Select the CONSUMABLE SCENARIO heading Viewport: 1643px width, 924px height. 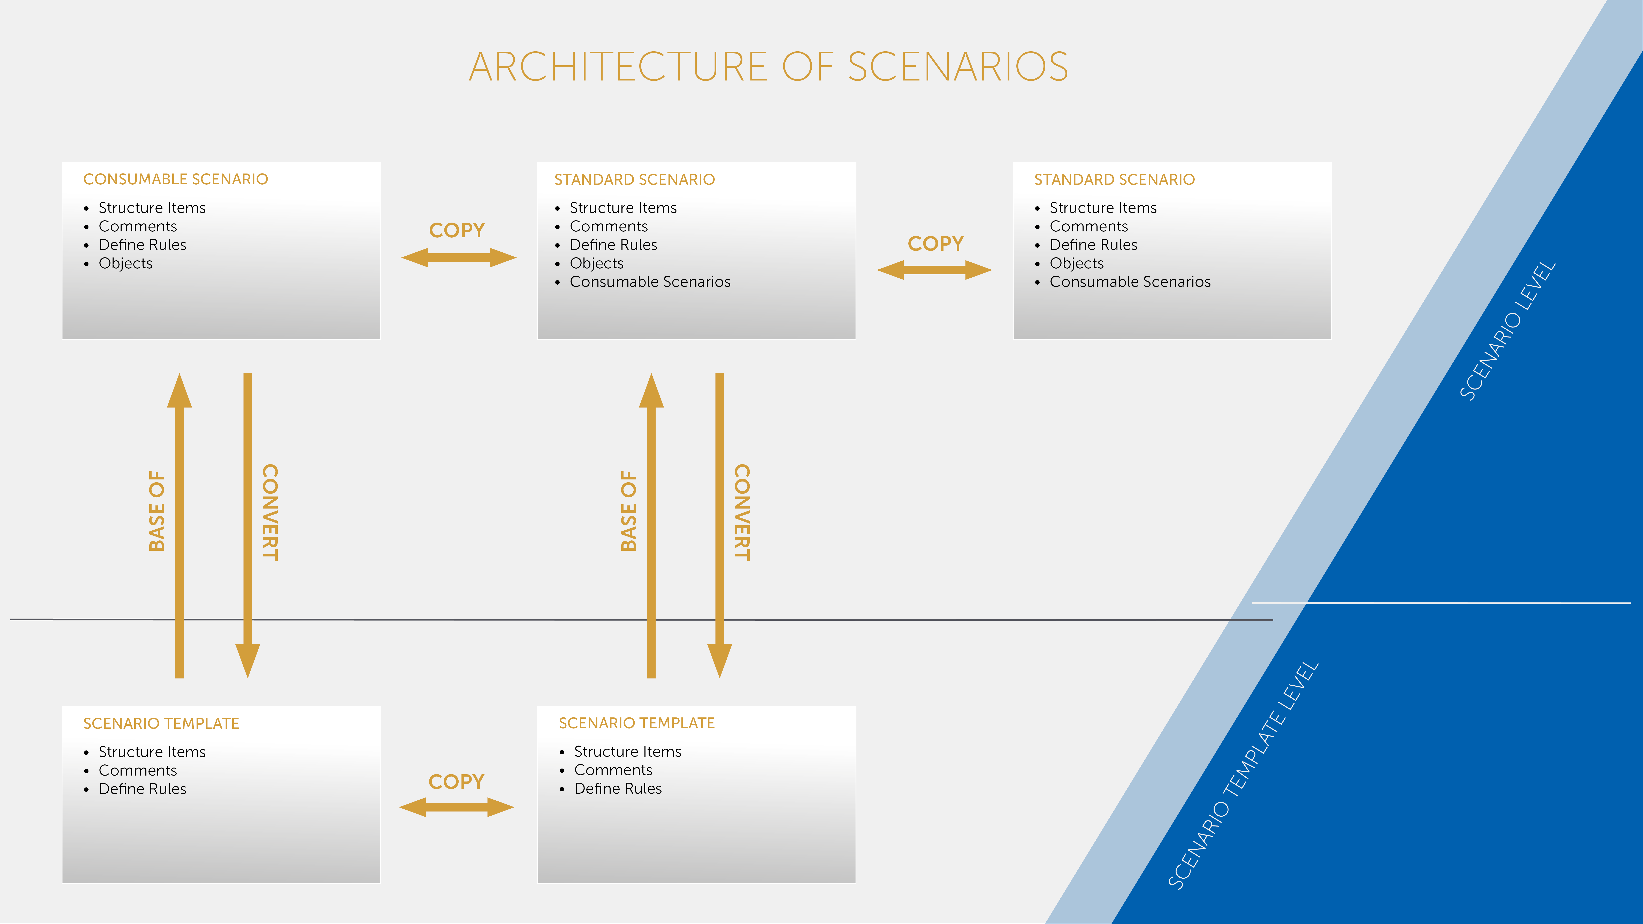(175, 179)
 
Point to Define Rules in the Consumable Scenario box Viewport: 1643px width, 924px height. (142, 245)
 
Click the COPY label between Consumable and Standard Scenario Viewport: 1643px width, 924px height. (457, 230)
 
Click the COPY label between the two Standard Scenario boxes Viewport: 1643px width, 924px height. (935, 244)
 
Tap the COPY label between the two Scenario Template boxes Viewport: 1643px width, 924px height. (456, 782)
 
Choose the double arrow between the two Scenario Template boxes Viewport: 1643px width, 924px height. (456, 807)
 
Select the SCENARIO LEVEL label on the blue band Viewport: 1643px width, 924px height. (1508, 331)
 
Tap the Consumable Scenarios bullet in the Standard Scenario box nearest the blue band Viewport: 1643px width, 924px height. (1130, 282)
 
